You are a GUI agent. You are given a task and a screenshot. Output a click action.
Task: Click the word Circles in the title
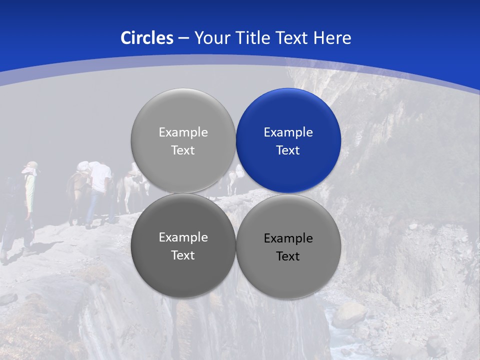tap(147, 38)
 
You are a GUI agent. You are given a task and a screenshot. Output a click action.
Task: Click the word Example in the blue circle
tap(288, 132)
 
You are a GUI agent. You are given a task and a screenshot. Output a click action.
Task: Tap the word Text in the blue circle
tap(288, 150)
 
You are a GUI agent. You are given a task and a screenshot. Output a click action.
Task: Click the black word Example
tap(288, 238)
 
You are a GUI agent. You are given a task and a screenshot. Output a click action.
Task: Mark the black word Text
tap(288, 256)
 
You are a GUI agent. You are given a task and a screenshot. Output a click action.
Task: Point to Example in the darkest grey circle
tap(183, 237)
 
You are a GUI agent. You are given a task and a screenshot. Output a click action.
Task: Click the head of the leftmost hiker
tap(31, 167)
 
